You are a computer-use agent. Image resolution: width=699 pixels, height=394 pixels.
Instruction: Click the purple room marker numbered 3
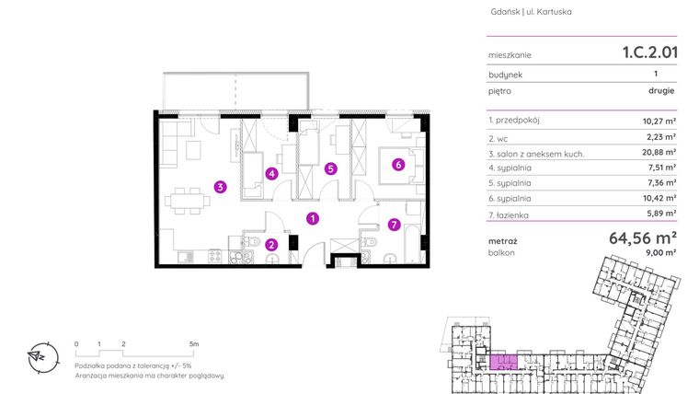pos(221,187)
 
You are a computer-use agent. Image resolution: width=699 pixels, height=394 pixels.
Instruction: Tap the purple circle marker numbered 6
pos(398,166)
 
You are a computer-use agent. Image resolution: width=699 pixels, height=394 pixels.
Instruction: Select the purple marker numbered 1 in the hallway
pos(314,218)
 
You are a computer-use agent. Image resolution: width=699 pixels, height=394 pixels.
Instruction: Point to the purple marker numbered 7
pos(393,224)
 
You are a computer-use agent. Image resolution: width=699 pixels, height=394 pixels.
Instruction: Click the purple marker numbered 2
pos(271,244)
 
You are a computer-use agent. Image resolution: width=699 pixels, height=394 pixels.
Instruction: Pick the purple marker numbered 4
pos(271,172)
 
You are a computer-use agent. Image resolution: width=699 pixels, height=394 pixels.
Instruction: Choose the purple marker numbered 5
pos(331,168)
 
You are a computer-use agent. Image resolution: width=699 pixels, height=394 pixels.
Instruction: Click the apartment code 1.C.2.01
pos(649,52)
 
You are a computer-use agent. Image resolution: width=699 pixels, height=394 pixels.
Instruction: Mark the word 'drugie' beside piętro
pos(661,91)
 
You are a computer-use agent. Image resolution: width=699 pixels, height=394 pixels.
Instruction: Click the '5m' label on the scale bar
pos(193,342)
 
